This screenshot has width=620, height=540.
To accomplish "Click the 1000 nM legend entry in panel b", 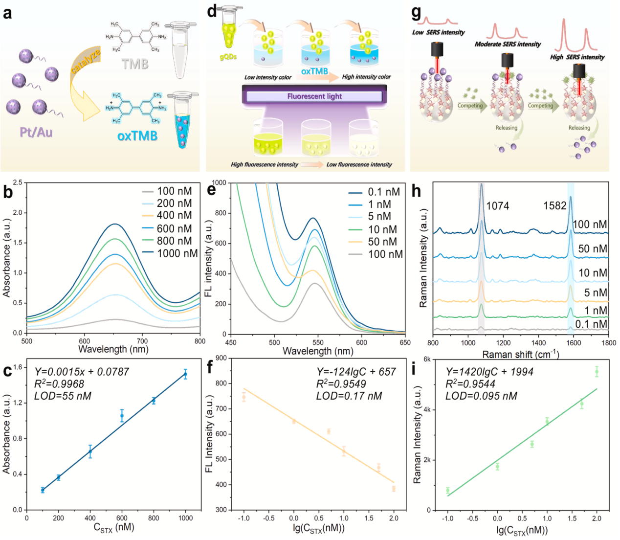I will tap(177, 253).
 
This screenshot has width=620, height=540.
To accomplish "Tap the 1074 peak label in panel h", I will tap(497, 206).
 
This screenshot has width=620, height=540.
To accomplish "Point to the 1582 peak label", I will tap(554, 206).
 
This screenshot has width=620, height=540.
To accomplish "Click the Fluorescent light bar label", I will tap(314, 96).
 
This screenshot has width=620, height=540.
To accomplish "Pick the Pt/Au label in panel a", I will tap(36, 132).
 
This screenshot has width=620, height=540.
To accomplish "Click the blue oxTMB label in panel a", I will tap(137, 135).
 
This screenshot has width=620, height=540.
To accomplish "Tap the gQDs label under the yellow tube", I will tap(228, 57).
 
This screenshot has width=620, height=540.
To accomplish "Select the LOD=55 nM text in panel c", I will tap(63, 396).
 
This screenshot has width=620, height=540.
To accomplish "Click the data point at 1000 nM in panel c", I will tap(185, 374).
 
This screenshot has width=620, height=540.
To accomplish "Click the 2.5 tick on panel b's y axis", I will tap(18, 182).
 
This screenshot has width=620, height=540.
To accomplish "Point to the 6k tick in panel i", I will tap(426, 359).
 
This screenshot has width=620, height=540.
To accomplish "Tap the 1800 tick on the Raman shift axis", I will tap(608, 343).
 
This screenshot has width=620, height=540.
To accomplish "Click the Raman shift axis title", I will tap(521, 354).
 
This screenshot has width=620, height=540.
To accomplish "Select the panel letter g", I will tap(416, 12).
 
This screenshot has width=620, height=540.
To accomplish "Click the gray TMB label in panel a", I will tap(135, 64).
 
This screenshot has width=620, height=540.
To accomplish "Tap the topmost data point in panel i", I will tap(597, 372).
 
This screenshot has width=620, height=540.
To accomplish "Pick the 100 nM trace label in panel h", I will tap(590, 225).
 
